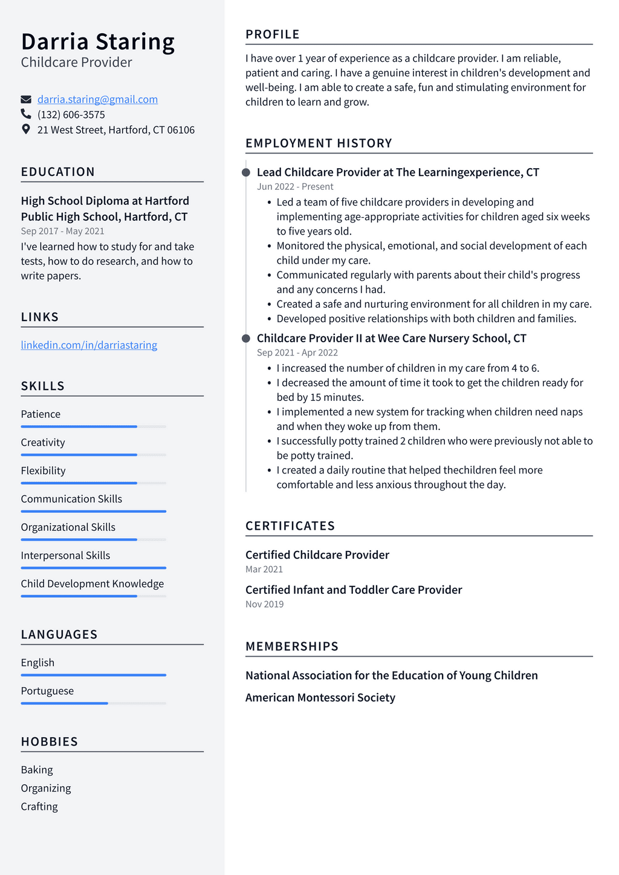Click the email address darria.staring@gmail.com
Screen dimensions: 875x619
(97, 99)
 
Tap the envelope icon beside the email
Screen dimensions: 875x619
(26, 99)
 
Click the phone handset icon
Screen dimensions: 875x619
(26, 114)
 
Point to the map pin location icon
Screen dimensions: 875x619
(26, 129)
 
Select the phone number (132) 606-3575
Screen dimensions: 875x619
(71, 114)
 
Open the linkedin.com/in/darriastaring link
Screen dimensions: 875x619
(89, 345)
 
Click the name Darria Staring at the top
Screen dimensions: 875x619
(98, 42)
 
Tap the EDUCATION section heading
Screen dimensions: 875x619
(58, 172)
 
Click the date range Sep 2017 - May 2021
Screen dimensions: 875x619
(62, 231)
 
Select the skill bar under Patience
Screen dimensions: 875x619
(93, 426)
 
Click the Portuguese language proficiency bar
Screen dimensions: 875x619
(93, 703)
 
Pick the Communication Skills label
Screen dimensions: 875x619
(71, 499)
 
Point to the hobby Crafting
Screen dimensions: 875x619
(39, 806)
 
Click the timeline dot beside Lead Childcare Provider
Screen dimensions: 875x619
(246, 172)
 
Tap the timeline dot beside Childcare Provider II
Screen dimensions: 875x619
(246, 338)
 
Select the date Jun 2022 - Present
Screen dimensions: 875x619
(295, 187)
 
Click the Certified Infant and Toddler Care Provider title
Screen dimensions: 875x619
(354, 590)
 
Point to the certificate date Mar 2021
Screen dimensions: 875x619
(264, 569)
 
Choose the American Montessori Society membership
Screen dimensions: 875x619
(320, 697)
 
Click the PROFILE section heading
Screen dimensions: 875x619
(273, 34)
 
